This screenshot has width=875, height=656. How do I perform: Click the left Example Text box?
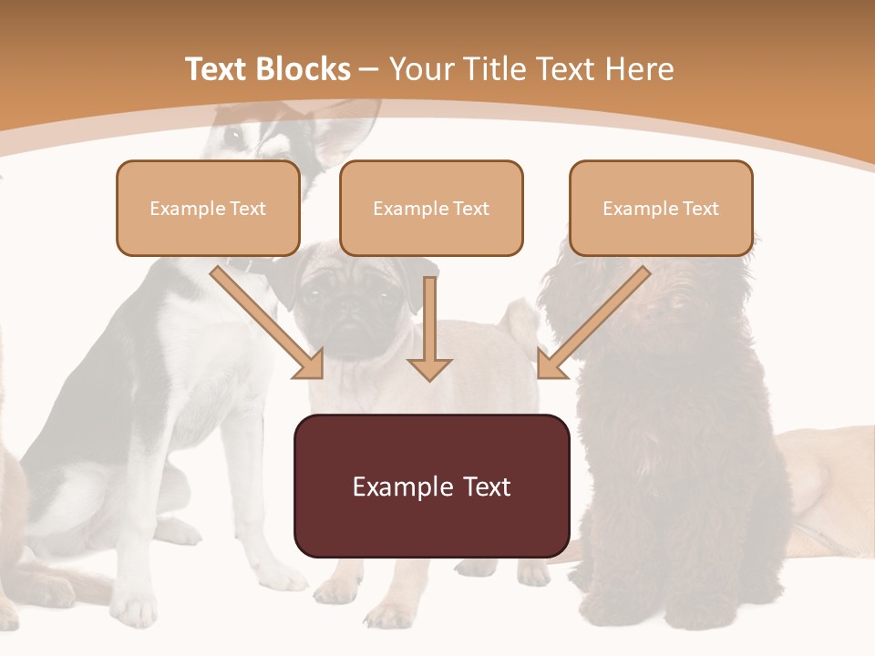[x=208, y=208]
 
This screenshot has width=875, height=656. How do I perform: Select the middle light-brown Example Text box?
[x=431, y=208]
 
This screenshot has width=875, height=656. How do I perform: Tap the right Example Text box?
[x=661, y=208]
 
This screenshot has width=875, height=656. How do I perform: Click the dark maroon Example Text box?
[x=431, y=486]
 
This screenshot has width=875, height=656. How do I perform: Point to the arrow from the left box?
[x=268, y=323]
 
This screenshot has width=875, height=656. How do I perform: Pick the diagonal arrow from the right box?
[x=592, y=323]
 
